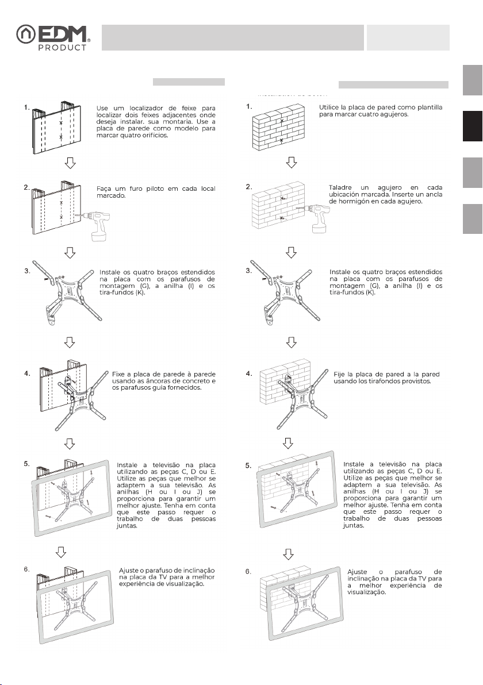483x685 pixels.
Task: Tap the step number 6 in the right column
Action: coord(248,572)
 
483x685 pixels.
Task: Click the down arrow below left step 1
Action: coord(70,164)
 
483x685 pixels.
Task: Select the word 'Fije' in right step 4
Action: coord(339,375)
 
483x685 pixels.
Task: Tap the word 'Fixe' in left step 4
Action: coord(120,375)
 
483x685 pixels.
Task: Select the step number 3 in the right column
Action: coord(248,270)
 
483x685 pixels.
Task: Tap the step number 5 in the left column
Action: coord(27,463)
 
